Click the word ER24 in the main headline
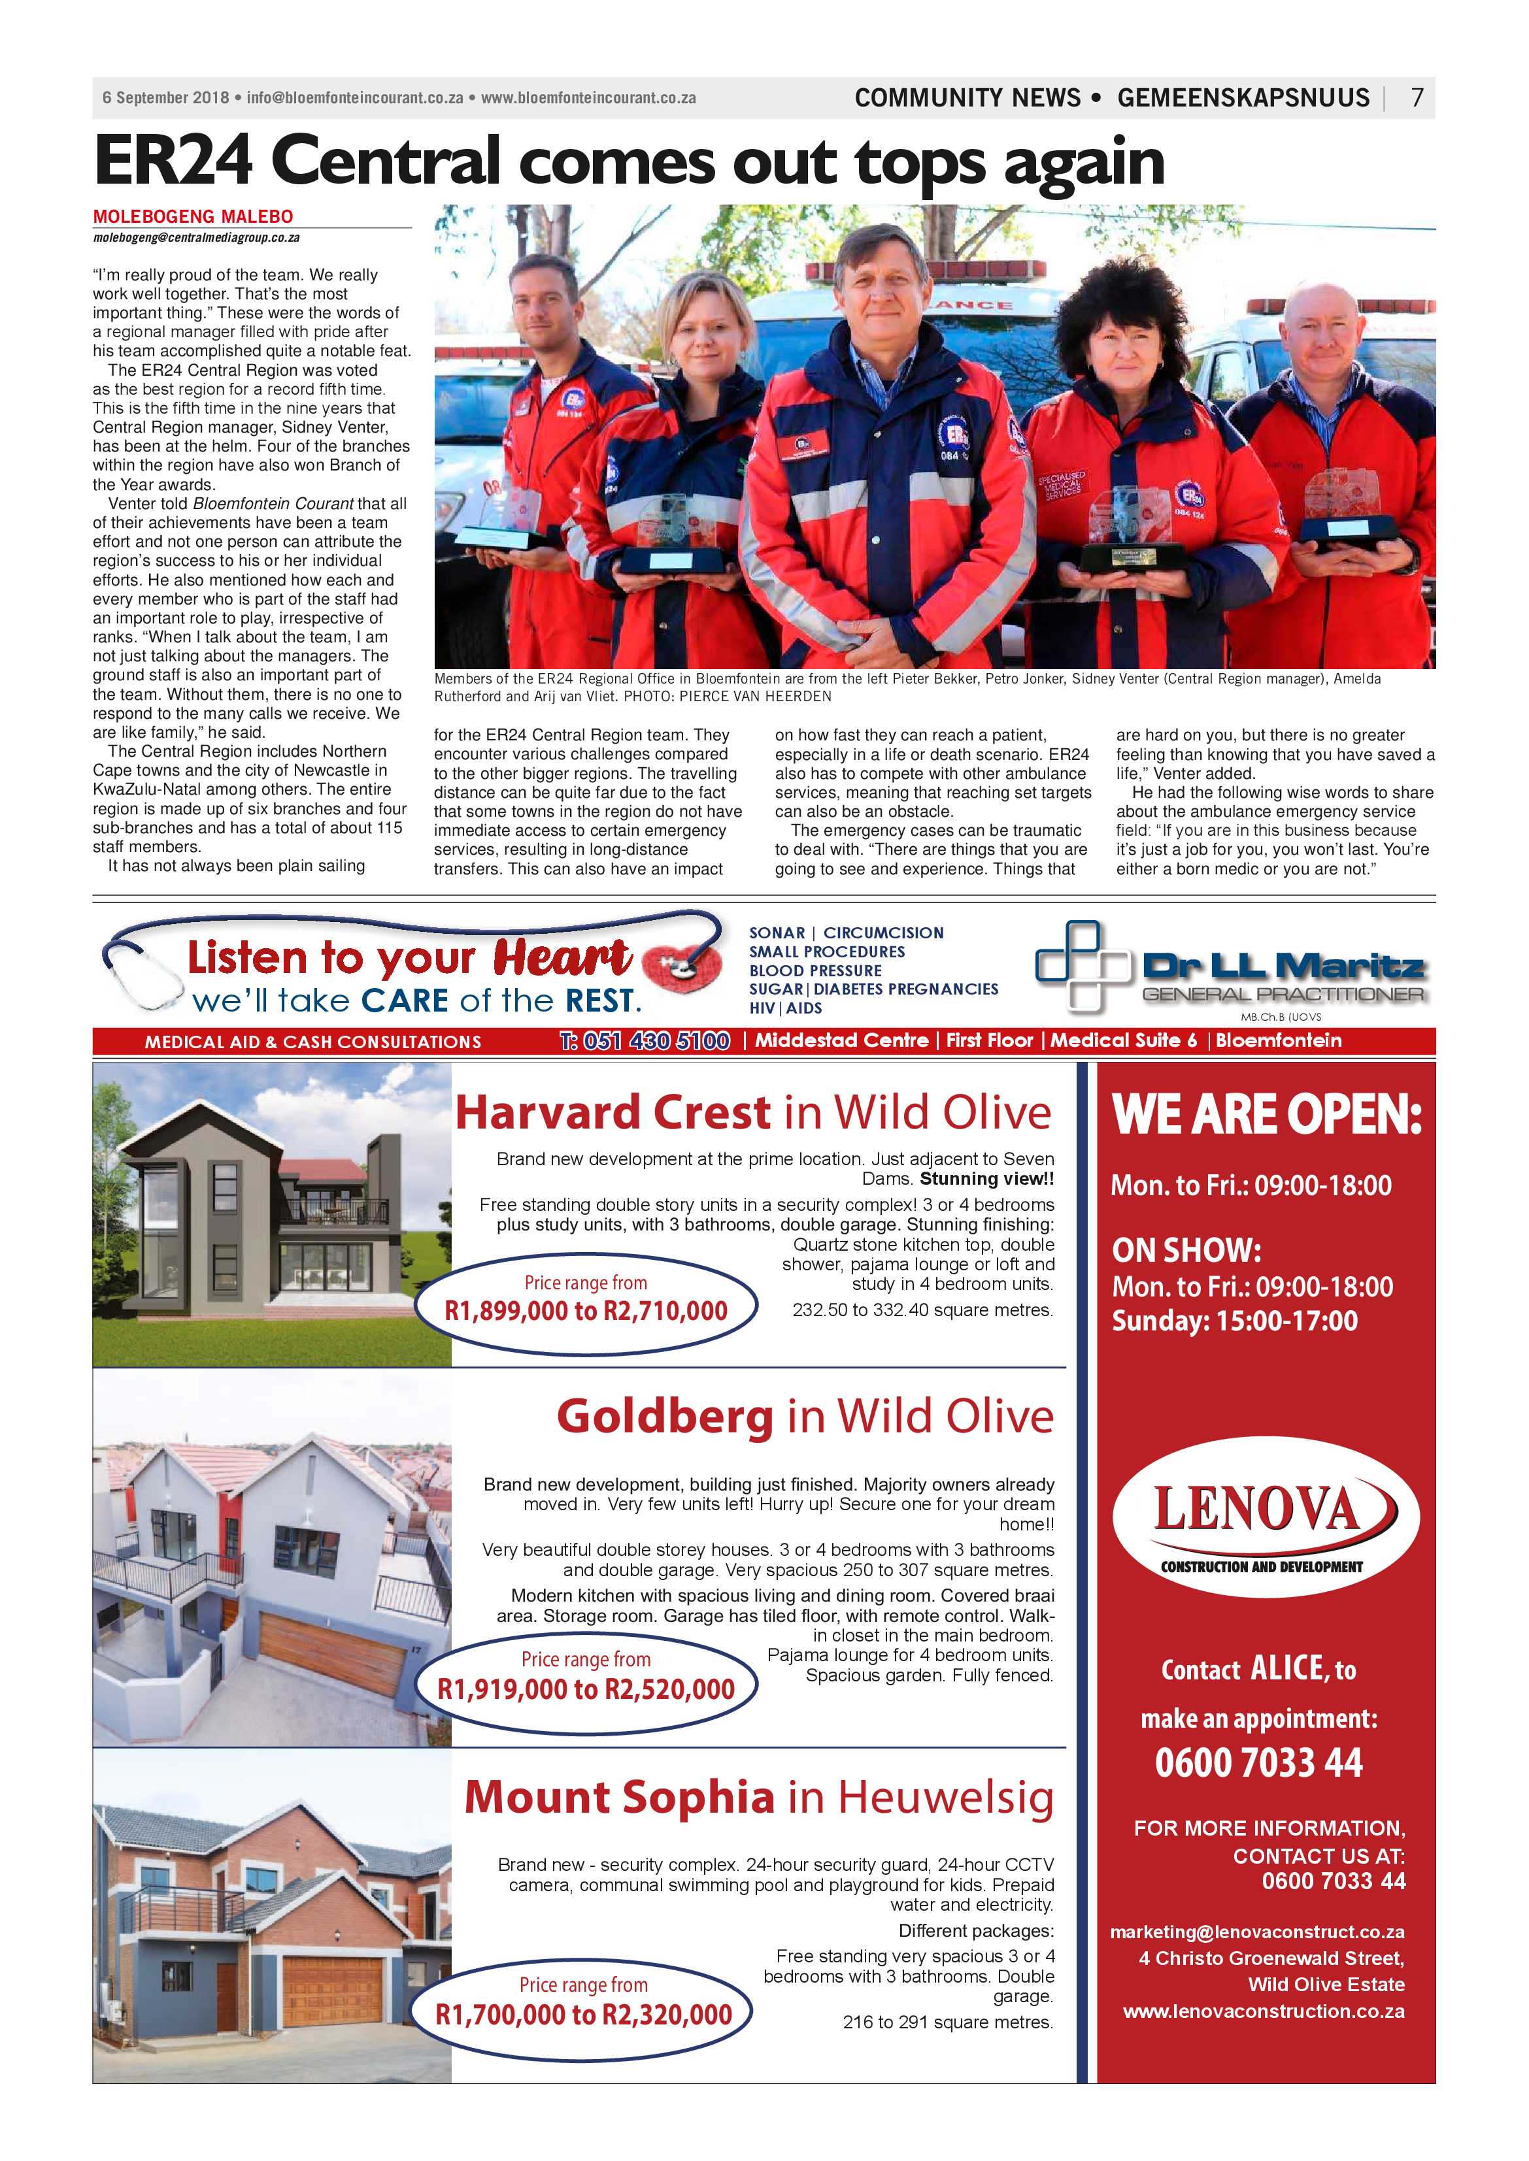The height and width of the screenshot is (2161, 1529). pyautogui.click(x=173, y=162)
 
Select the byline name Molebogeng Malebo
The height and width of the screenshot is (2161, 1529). pyautogui.click(x=193, y=216)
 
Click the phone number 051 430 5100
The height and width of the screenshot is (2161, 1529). pyautogui.click(x=645, y=1041)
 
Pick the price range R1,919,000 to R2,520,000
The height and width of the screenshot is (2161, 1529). pyautogui.click(x=586, y=1689)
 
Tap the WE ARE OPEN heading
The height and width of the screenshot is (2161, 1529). pyautogui.click(x=1266, y=1115)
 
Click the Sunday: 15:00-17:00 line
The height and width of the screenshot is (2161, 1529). pyautogui.click(x=1234, y=1321)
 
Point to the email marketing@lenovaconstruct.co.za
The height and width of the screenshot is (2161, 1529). pyautogui.click(x=1257, y=1932)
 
